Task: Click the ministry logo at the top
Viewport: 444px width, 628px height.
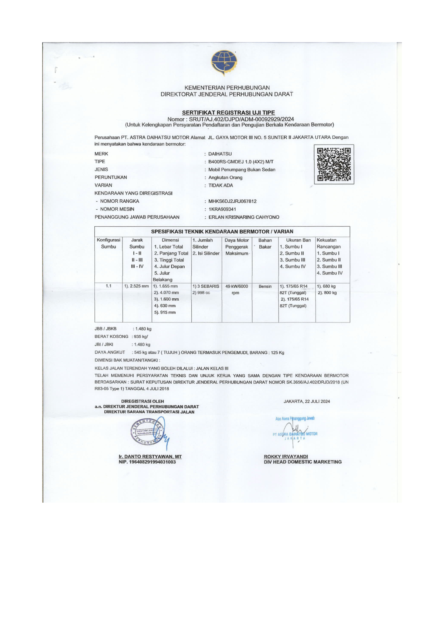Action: [x=224, y=63]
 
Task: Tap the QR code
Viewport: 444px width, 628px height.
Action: [x=334, y=164]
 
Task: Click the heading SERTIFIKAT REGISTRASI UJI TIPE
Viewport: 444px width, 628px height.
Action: [x=228, y=112]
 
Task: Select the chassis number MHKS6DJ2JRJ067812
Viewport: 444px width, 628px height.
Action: [x=232, y=201]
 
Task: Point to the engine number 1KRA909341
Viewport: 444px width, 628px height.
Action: [x=222, y=209]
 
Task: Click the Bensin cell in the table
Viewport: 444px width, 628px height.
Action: [x=265, y=286]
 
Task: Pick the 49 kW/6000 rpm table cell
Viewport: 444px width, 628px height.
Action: [x=236, y=289]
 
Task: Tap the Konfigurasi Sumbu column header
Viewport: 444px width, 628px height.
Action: [x=108, y=243]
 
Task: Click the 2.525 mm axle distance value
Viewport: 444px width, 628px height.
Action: [x=137, y=286]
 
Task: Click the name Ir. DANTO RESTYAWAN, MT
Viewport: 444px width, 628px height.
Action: [x=150, y=456]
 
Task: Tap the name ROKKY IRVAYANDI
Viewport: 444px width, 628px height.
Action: [x=286, y=456]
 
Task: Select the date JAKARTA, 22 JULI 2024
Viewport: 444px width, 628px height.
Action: [x=307, y=401]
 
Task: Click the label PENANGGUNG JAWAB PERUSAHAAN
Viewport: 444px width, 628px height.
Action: [x=137, y=217]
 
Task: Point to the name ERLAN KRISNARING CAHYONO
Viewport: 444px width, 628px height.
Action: [x=244, y=217]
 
